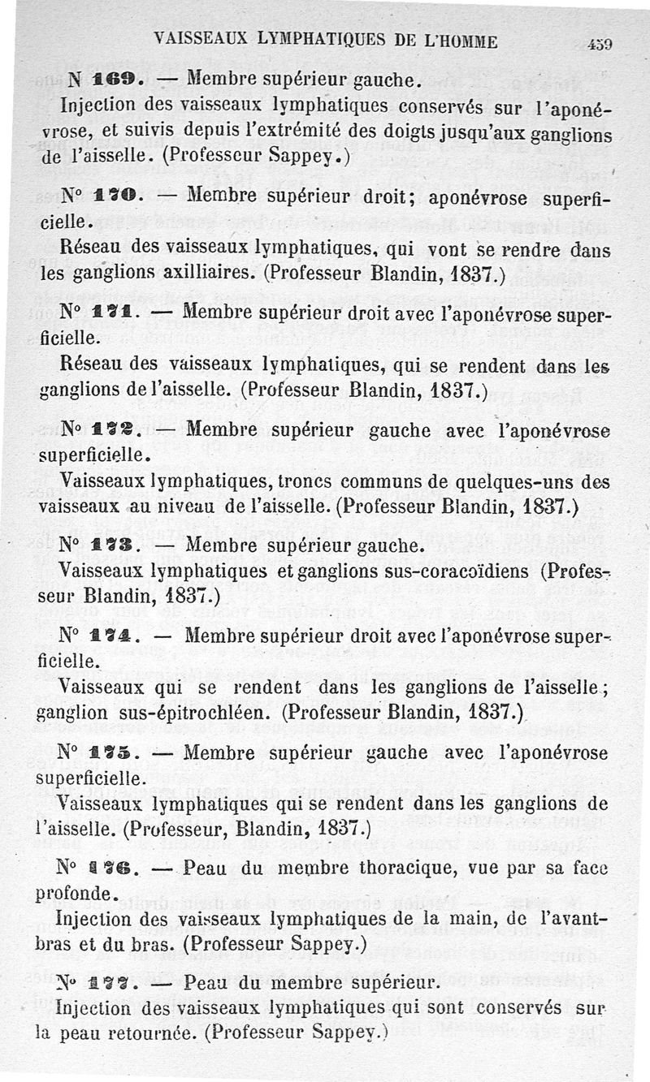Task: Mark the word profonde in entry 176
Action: pos(73,893)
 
